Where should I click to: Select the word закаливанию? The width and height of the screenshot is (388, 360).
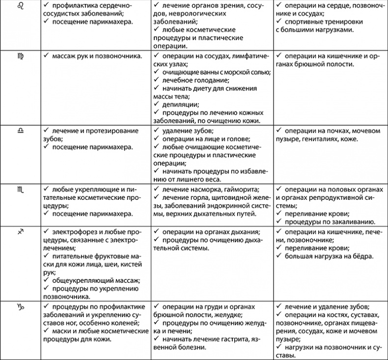click(x=351, y=222)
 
